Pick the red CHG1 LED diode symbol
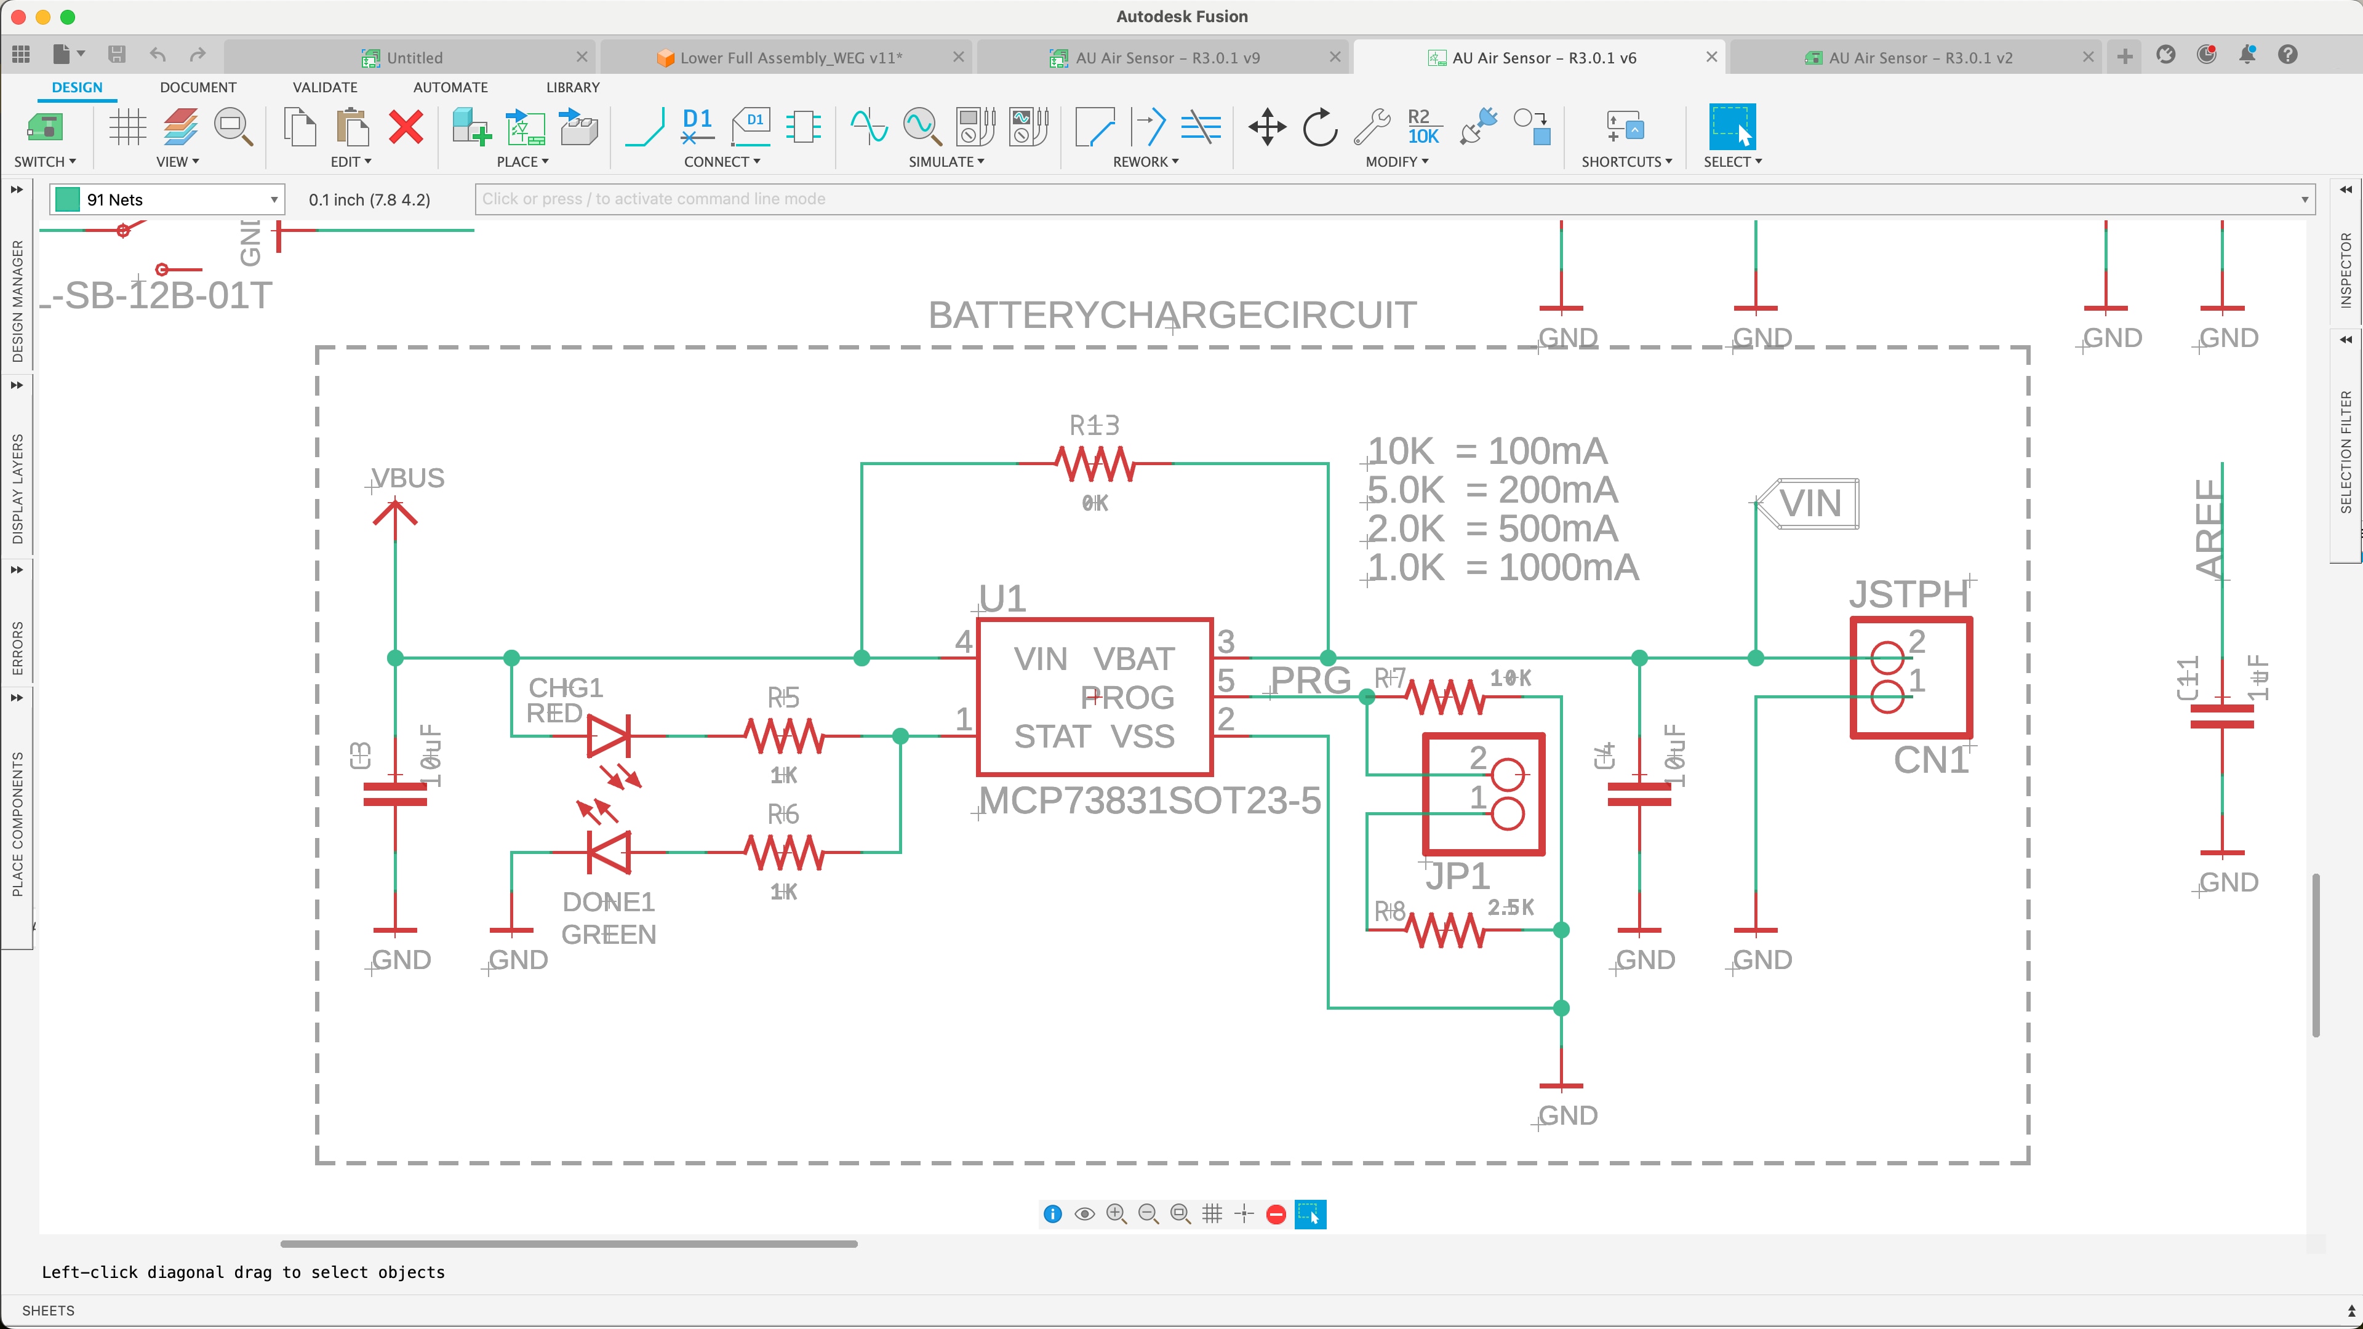tap(608, 736)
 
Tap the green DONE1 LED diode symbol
tap(608, 852)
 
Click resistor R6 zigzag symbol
tap(785, 852)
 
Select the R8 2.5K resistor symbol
tap(1447, 931)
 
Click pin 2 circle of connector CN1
tap(1887, 658)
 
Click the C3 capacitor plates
tap(395, 794)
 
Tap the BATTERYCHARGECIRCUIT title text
tap(1172, 316)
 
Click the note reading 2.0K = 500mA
tap(1492, 529)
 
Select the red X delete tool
tap(406, 127)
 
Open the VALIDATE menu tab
tap(325, 87)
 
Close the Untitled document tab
tap(582, 57)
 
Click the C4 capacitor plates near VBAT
tap(1639, 794)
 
